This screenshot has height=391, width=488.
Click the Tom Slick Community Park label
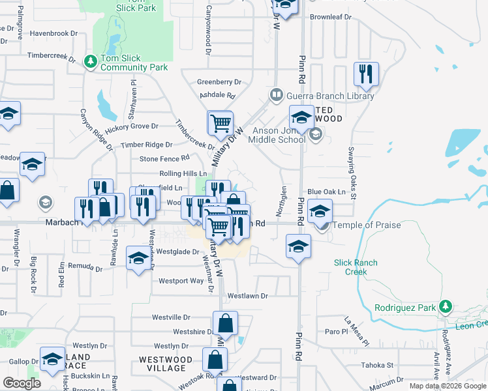(x=134, y=63)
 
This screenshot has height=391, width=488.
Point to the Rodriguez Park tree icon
(x=446, y=306)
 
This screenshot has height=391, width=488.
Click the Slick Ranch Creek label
(x=356, y=267)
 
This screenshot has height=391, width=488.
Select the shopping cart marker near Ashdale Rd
(x=221, y=122)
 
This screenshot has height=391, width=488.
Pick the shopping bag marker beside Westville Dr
(x=225, y=323)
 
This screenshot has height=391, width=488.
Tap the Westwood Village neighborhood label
(x=166, y=364)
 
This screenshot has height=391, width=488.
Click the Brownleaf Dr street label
(x=331, y=16)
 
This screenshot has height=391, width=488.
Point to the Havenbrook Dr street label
(x=58, y=33)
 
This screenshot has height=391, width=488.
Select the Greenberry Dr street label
(x=219, y=82)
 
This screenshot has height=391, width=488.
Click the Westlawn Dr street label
(x=247, y=296)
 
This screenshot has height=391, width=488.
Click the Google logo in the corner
(x=22, y=383)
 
